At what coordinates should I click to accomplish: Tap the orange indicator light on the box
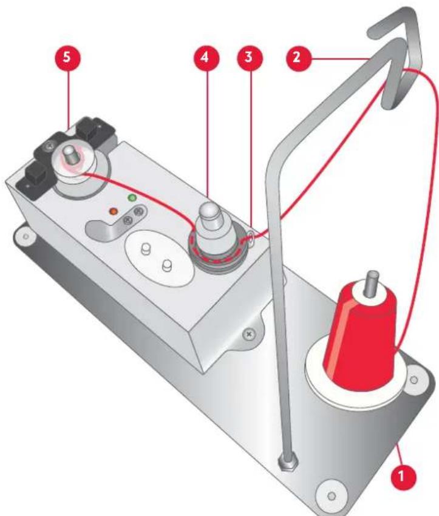(x=113, y=212)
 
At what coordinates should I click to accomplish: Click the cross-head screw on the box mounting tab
(x=248, y=333)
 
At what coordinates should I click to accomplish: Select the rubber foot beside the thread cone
(x=414, y=379)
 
